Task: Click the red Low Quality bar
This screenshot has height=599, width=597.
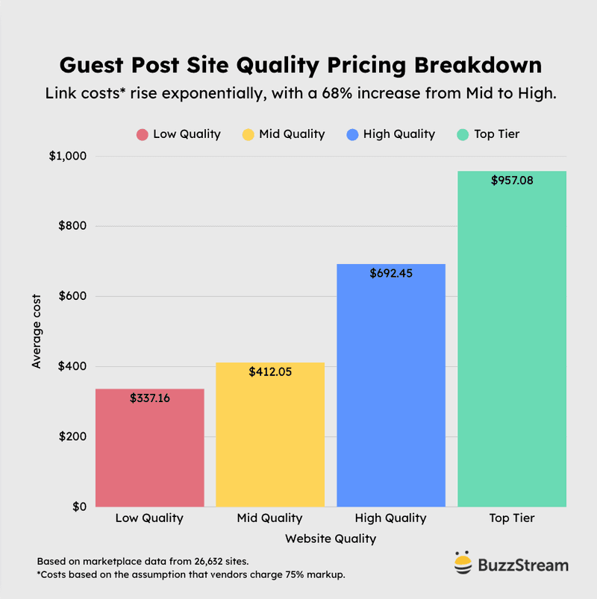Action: point(149,448)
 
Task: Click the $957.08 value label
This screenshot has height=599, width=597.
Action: point(512,181)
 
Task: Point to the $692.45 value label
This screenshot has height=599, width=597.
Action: point(391,273)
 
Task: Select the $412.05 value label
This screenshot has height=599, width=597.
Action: point(270,371)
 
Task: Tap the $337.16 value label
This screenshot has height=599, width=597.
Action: point(149,398)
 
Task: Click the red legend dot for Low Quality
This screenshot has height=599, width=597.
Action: point(142,134)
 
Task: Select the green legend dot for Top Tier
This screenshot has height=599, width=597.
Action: point(463,134)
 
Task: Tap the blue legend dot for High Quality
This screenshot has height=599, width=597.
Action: point(352,134)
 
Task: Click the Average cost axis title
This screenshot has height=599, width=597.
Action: point(37,331)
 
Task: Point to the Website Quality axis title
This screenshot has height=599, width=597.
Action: point(331,538)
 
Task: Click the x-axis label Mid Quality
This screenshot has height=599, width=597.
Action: point(270,518)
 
